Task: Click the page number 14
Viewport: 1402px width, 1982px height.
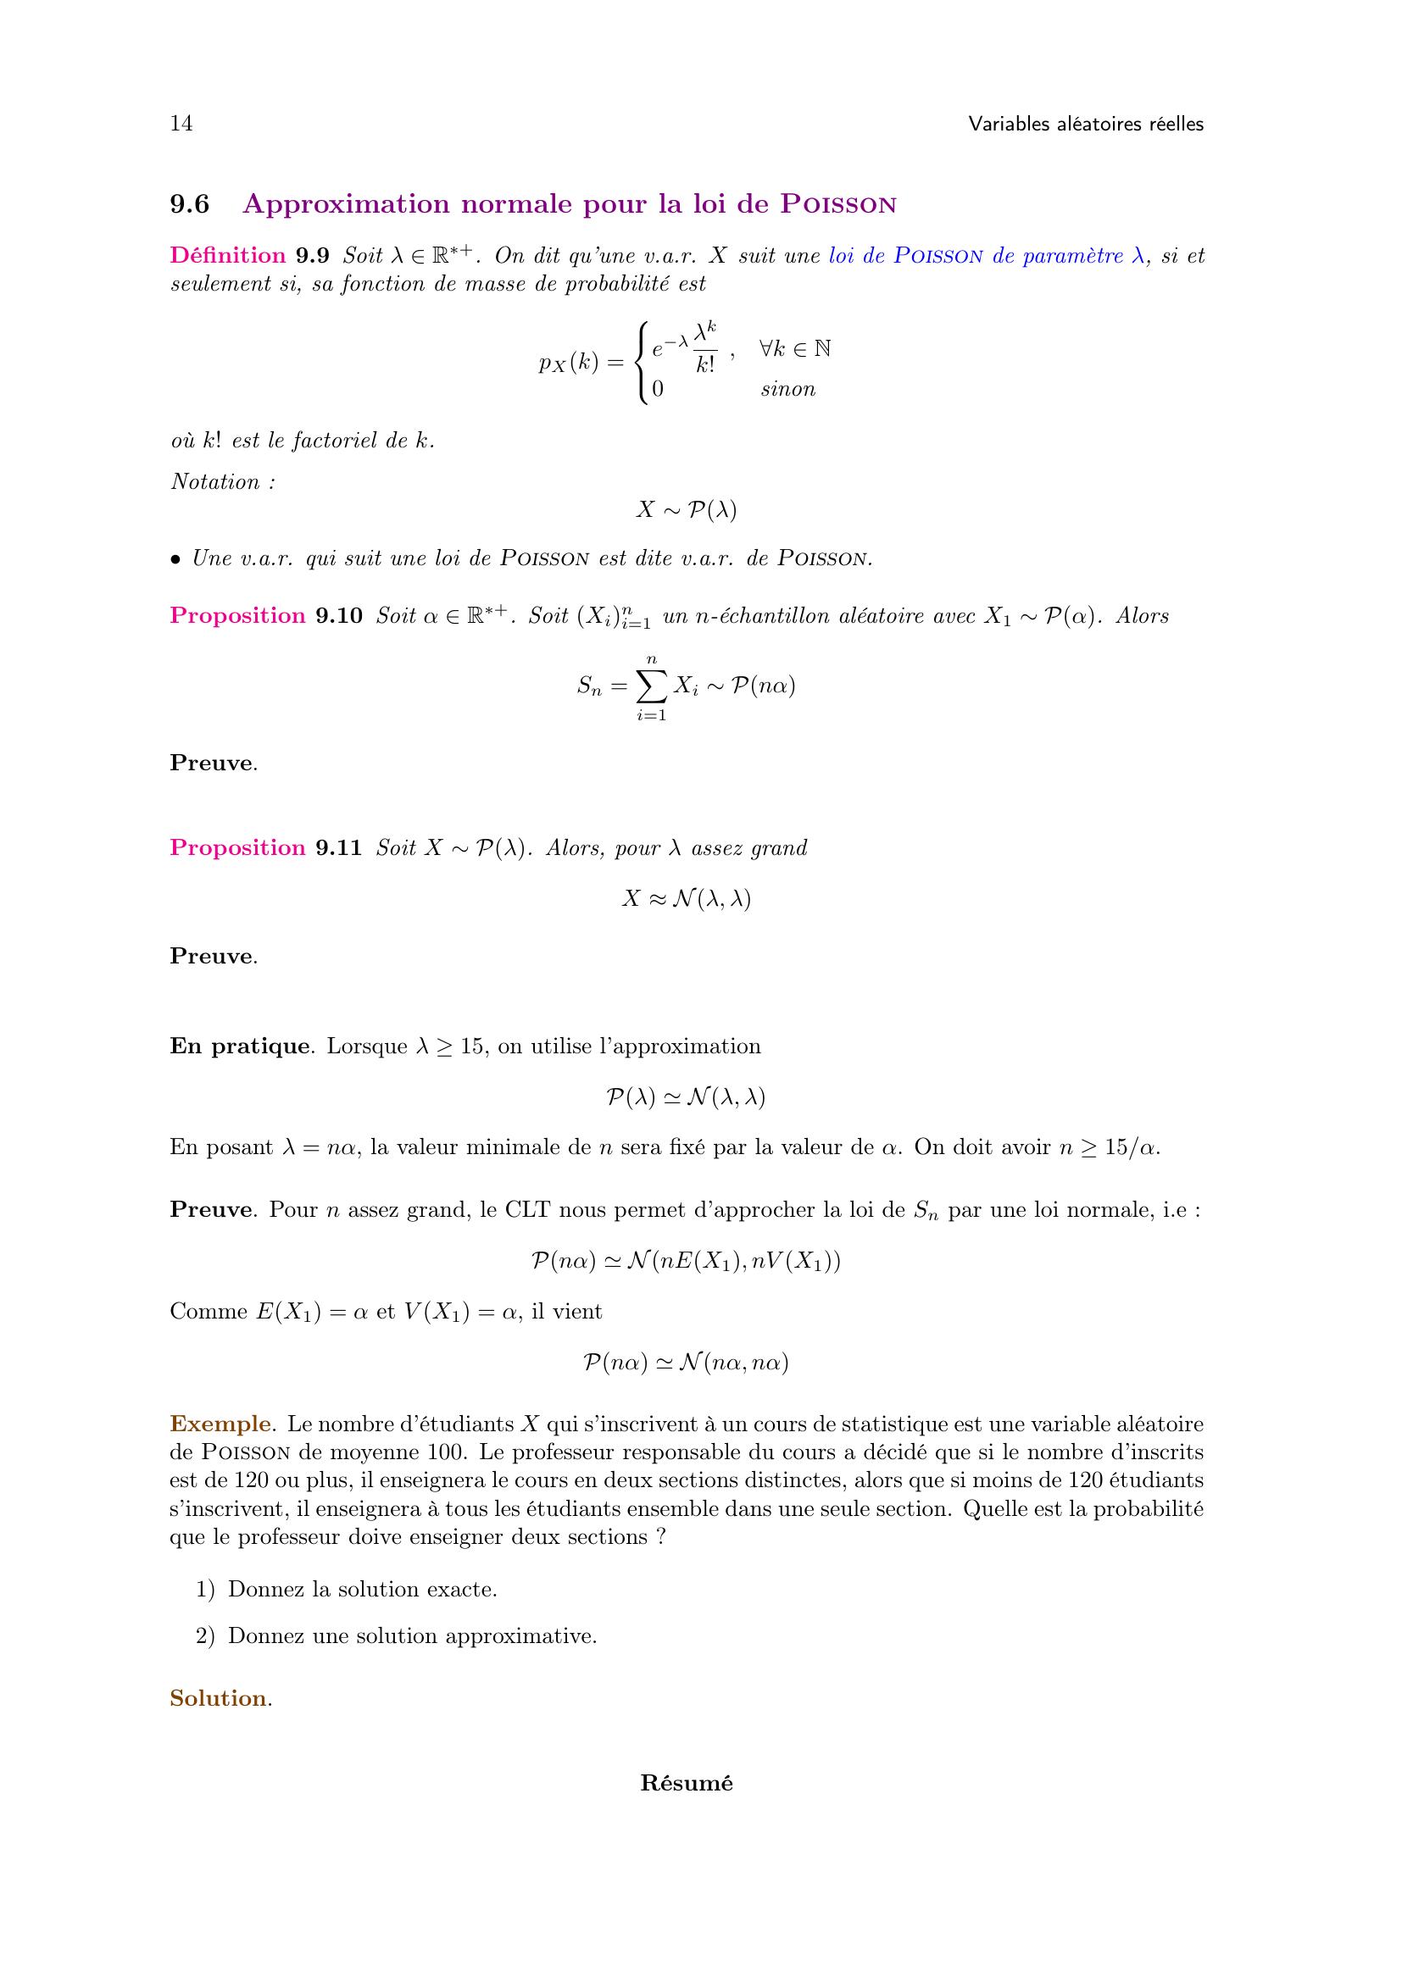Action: tap(181, 124)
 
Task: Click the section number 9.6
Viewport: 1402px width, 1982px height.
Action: tap(189, 204)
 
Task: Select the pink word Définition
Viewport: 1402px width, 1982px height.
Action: tap(228, 256)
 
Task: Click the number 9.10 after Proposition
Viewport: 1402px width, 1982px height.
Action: tap(338, 615)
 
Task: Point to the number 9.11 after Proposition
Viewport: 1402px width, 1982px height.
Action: tap(338, 847)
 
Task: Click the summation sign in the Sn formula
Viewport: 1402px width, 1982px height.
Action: tap(652, 687)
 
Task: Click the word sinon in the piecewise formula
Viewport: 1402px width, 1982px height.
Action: tap(787, 389)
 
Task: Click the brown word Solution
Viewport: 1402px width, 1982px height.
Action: tap(219, 1698)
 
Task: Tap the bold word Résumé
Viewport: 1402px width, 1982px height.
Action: tap(687, 1784)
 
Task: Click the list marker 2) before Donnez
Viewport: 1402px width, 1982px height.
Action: tap(205, 1635)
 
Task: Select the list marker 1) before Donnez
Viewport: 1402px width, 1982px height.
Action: tap(205, 1589)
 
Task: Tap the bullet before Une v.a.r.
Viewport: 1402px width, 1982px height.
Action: tap(175, 560)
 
